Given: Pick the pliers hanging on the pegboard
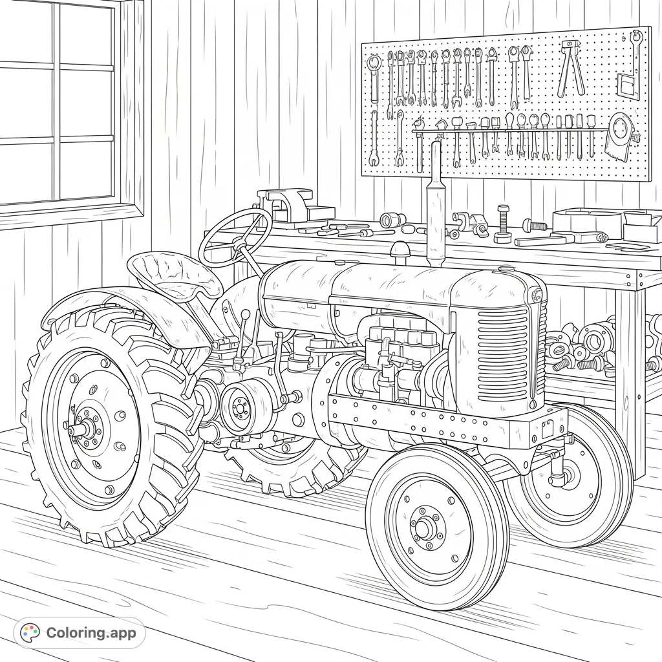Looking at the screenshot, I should point(571,68).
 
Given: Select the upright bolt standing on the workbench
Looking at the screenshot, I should point(503,224).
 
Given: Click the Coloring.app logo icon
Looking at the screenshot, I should point(30,633).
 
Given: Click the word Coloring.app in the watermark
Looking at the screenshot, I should point(91,633).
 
